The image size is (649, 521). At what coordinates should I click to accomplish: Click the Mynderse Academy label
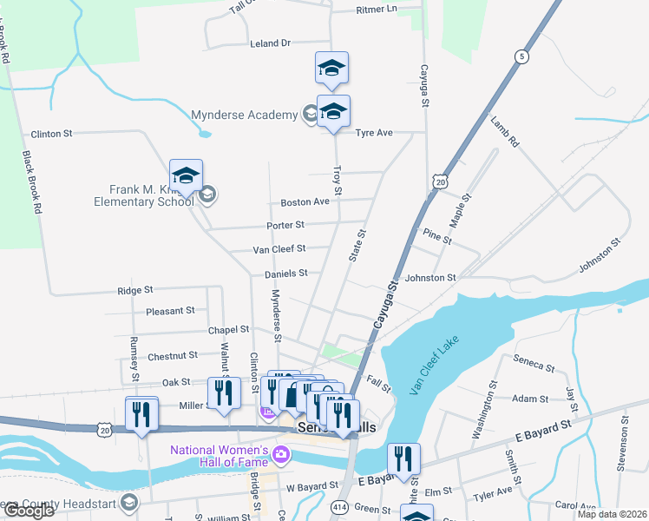[244, 114]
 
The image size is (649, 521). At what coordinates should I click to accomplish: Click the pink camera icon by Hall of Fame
[281, 454]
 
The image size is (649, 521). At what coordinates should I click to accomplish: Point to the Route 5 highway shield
[521, 56]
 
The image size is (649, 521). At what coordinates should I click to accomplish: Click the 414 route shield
[339, 505]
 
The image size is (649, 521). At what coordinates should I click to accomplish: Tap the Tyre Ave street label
[374, 133]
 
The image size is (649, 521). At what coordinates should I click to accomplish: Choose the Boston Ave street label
[305, 202]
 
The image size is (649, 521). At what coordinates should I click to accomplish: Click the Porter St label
[285, 225]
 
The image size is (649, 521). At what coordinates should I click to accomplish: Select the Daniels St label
[286, 273]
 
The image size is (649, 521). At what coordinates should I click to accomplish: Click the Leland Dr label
[269, 43]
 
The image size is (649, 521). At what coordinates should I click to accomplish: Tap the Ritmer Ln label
[376, 9]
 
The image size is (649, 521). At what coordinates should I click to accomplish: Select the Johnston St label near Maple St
[430, 278]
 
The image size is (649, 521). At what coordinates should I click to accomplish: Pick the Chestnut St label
[174, 355]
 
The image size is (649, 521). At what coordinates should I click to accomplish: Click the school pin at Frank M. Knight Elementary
[186, 176]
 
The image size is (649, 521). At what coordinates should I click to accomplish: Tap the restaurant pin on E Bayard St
[403, 458]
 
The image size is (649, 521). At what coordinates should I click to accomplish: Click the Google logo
[29, 511]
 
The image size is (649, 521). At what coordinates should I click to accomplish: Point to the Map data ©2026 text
[612, 514]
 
